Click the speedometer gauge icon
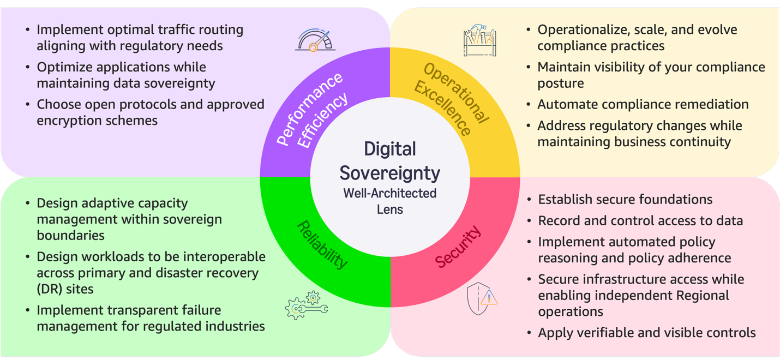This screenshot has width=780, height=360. [315, 40]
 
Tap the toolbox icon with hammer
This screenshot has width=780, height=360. [480, 40]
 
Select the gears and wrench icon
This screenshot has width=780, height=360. [307, 305]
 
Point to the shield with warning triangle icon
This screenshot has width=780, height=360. [482, 299]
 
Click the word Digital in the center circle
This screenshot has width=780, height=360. [390, 149]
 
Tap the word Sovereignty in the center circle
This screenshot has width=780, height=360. [390, 173]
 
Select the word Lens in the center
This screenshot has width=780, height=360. [390, 209]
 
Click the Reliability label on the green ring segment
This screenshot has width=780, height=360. [322, 245]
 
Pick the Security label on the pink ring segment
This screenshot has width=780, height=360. [458, 247]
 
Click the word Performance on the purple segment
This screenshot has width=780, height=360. [310, 109]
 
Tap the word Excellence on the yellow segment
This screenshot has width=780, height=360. [442, 109]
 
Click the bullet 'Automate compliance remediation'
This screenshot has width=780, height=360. [643, 104]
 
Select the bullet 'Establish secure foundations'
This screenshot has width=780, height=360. [625, 200]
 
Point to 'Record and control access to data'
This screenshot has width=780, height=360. [640, 221]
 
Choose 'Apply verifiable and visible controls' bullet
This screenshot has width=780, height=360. [647, 333]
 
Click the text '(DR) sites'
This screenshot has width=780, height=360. [65, 289]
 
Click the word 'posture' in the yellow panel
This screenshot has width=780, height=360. [561, 84]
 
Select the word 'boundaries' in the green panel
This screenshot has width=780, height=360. [71, 236]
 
